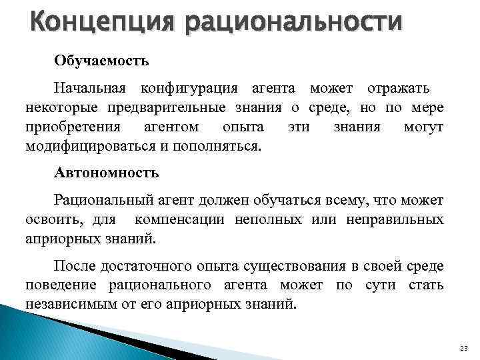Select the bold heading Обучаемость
[x=101, y=61]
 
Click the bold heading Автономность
[x=107, y=173]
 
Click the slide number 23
[x=464, y=349]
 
